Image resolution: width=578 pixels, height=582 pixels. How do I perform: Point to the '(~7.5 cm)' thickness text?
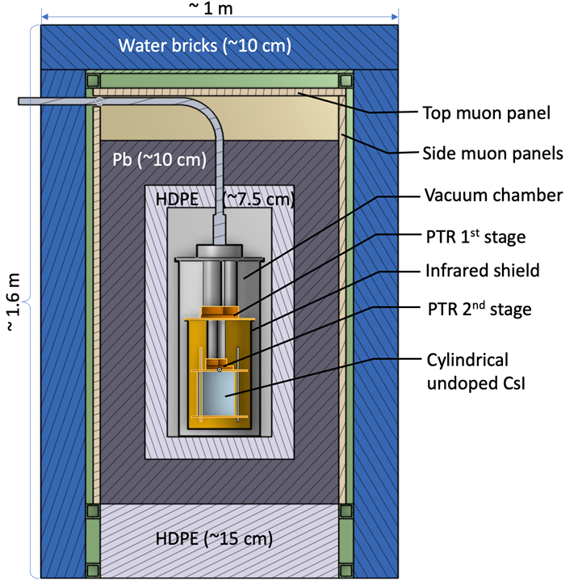(x=257, y=199)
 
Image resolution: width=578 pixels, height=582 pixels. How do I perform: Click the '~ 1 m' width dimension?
(x=220, y=7)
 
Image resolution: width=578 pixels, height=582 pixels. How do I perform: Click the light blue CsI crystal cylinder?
(x=220, y=396)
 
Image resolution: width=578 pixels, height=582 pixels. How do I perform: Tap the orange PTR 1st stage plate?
(x=220, y=311)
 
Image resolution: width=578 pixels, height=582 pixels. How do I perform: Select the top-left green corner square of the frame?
(x=93, y=81)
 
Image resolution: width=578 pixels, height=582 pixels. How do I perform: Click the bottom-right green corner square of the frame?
(x=347, y=511)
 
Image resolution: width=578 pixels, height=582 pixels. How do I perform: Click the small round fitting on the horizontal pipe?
(x=99, y=101)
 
